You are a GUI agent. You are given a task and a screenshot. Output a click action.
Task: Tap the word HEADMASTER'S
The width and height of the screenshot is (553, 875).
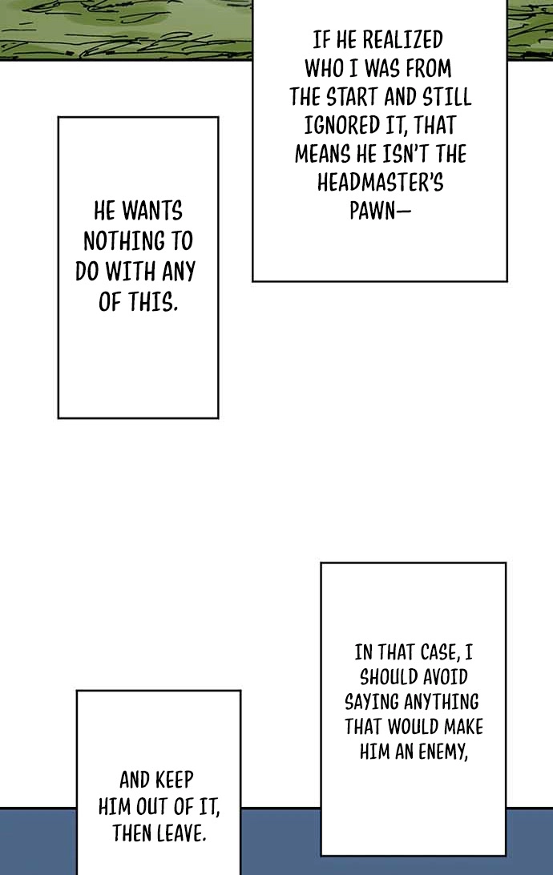pyautogui.click(x=381, y=182)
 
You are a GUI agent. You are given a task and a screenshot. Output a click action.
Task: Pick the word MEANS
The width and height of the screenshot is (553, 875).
pyautogui.click(x=322, y=154)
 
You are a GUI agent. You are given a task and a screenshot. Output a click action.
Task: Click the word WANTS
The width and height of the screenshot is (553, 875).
pyautogui.click(x=151, y=211)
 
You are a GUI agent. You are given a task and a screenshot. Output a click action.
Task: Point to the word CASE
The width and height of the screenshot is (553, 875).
pyautogui.click(x=433, y=652)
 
